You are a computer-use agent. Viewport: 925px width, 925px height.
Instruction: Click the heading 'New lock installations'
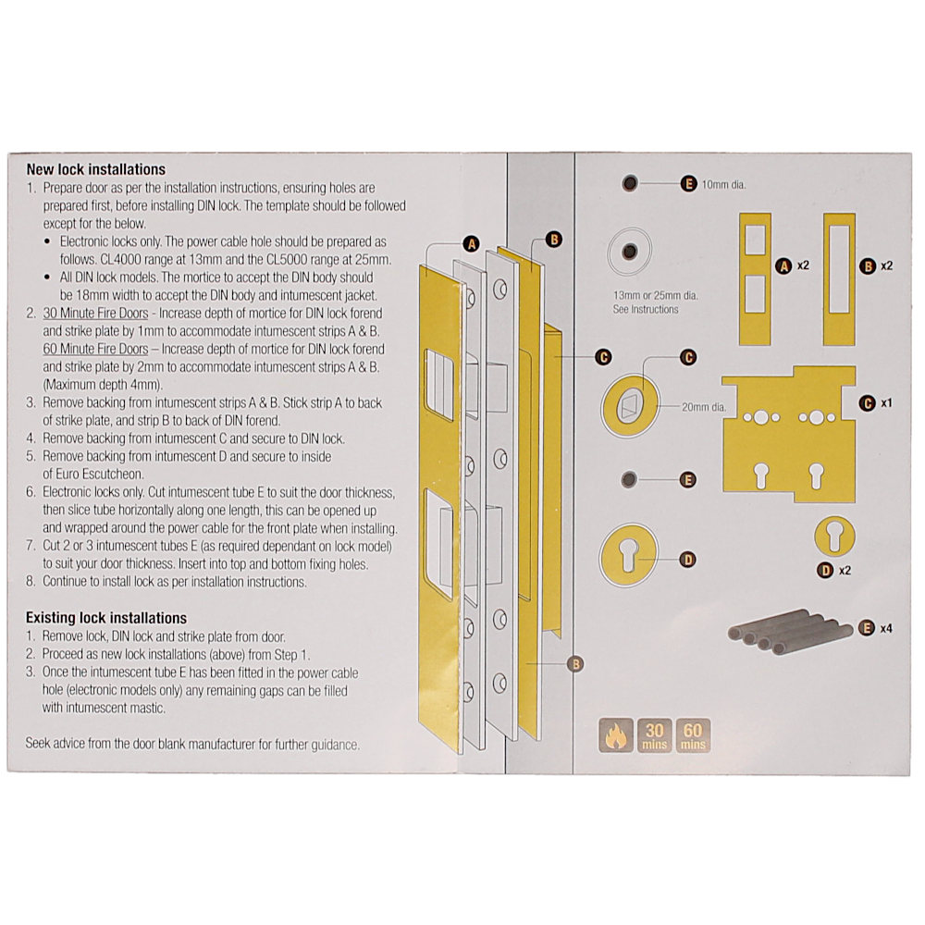pyautogui.click(x=95, y=169)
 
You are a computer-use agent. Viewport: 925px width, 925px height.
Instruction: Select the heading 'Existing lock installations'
pyautogui.click(x=105, y=617)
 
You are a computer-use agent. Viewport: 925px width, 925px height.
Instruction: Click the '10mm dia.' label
pyautogui.click(x=723, y=184)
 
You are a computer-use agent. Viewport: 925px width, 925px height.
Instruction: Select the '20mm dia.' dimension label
pyautogui.click(x=703, y=406)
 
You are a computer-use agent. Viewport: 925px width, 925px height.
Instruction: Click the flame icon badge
pyautogui.click(x=614, y=734)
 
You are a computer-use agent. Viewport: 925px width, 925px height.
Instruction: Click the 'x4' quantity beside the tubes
pyautogui.click(x=885, y=628)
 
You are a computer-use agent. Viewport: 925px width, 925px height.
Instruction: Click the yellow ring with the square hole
pyautogui.click(x=628, y=406)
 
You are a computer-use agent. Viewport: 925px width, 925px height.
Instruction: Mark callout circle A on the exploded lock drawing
pyautogui.click(x=471, y=244)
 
